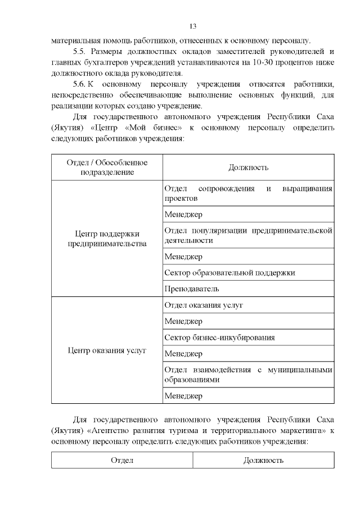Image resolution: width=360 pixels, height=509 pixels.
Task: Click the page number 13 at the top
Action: (192, 26)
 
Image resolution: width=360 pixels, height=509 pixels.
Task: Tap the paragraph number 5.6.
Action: (82, 84)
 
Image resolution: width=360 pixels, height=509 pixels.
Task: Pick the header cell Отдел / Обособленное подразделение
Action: (107, 167)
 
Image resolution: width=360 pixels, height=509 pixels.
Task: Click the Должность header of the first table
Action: (248, 167)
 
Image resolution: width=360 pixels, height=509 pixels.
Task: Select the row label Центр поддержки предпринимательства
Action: (107, 238)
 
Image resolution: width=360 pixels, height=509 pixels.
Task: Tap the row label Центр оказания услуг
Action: (107, 350)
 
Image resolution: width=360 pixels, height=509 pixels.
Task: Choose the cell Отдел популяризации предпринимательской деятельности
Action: (248, 235)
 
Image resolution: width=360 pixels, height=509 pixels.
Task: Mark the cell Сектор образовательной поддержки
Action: (229, 273)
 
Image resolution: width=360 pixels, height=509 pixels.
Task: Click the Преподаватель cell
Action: (191, 289)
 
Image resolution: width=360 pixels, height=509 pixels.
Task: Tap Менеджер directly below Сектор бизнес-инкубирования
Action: (183, 354)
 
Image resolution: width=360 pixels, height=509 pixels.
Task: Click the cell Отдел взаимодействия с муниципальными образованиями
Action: (248, 375)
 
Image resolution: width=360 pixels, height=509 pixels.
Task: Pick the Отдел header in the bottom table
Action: (121, 460)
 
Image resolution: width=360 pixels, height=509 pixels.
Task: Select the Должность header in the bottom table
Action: (263, 460)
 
